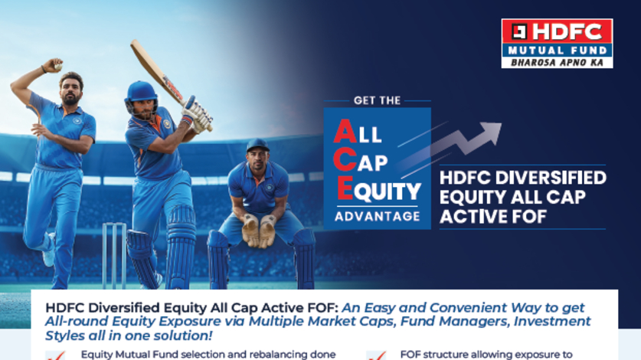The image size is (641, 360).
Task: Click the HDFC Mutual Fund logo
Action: tap(556, 43)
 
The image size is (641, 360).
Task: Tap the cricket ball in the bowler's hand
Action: tap(57, 67)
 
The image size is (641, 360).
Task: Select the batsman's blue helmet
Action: tap(141, 93)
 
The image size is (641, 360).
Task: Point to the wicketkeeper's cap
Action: tap(257, 144)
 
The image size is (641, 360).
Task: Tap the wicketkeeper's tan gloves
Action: tap(259, 230)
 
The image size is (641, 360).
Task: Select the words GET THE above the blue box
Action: tap(377, 100)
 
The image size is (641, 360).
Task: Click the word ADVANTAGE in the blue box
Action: tap(377, 215)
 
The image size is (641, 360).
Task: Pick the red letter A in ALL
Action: tap(344, 132)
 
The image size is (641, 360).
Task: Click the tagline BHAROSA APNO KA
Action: tap(557, 62)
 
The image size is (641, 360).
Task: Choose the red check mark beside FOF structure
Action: tap(374, 355)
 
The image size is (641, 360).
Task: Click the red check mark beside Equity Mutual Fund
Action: tap(54, 355)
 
